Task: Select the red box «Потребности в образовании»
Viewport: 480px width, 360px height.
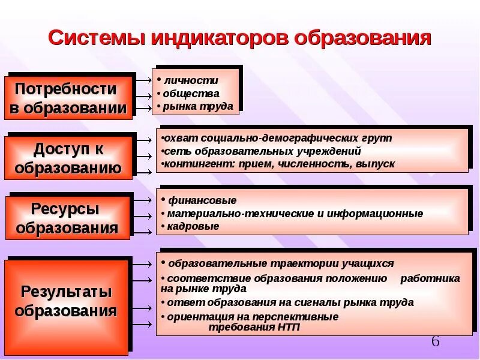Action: (x=68, y=98)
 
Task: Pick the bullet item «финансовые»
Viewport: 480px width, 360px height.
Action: (x=201, y=200)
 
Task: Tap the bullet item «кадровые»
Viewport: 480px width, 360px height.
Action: (x=193, y=226)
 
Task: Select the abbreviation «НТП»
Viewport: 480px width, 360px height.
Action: (x=287, y=328)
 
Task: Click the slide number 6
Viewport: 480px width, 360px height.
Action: (x=436, y=341)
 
